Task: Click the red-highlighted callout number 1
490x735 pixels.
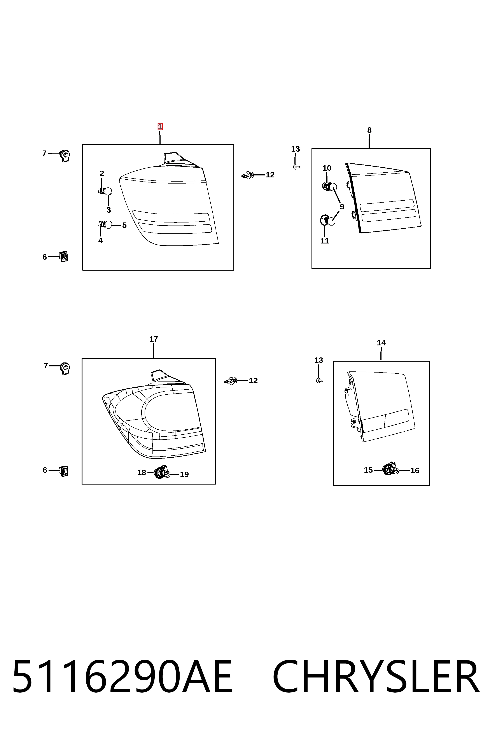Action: tap(160, 127)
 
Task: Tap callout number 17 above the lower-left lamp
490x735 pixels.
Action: tap(153, 339)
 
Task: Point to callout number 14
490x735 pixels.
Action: tap(381, 343)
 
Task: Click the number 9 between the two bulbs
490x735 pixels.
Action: tap(342, 206)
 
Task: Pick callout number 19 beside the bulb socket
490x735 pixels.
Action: tap(184, 474)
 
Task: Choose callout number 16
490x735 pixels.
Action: tap(415, 470)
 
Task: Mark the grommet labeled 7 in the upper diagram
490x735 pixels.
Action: tap(65, 155)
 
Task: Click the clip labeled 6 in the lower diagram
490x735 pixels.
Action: tap(64, 471)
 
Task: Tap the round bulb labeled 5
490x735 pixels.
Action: tap(108, 225)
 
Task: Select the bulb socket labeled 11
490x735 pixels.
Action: tap(325, 220)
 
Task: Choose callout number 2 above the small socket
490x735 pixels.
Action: tap(101, 173)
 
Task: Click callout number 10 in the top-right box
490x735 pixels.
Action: tap(327, 168)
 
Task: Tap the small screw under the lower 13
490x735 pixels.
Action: tap(319, 381)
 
